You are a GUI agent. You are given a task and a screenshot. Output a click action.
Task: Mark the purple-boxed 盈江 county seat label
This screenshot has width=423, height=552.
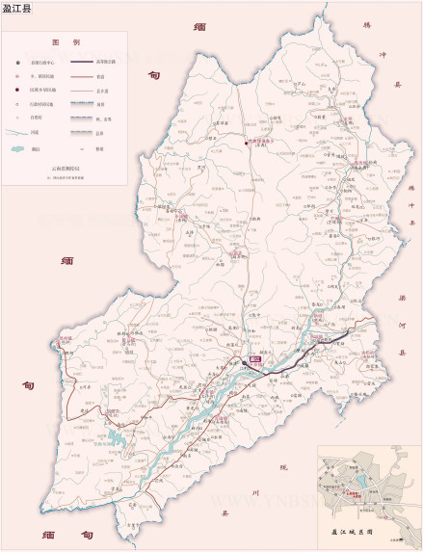254,360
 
